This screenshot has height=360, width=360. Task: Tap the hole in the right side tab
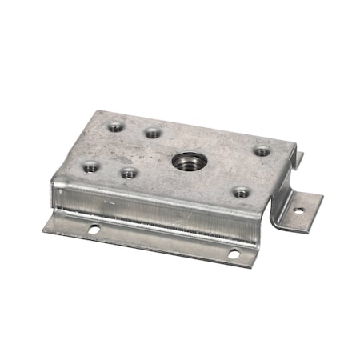pyautogui.click(x=299, y=212)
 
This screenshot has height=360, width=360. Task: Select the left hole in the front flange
pyautogui.click(x=94, y=230)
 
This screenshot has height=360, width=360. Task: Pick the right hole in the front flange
pyautogui.click(x=234, y=254)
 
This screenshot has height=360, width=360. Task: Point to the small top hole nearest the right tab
pyautogui.click(x=261, y=150)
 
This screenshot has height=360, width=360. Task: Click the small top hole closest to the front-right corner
pyautogui.click(x=241, y=191)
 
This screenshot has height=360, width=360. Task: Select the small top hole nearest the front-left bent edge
pyautogui.click(x=90, y=166)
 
